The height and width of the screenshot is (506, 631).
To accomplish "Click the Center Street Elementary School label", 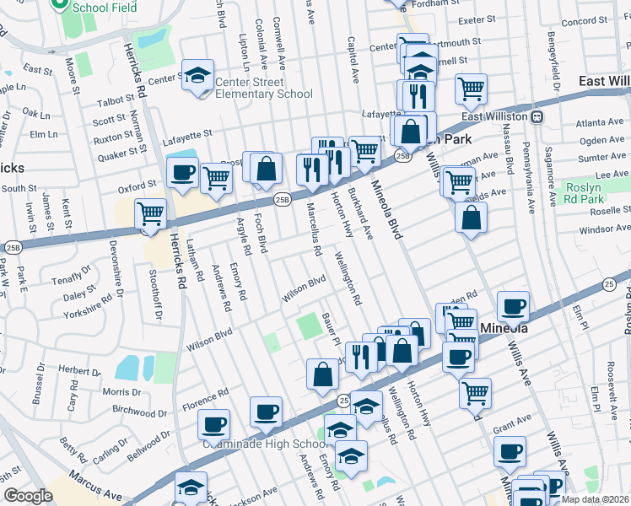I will click(263, 88).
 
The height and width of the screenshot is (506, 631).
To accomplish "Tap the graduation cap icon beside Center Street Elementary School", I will click(197, 75).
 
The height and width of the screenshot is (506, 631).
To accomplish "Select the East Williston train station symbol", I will click(537, 116).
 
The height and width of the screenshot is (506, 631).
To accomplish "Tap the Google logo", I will click(28, 495).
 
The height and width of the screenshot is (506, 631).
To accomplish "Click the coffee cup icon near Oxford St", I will click(181, 174).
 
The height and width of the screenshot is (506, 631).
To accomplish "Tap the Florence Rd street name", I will click(206, 400).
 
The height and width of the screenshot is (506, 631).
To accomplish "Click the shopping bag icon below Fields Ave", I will click(471, 218).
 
